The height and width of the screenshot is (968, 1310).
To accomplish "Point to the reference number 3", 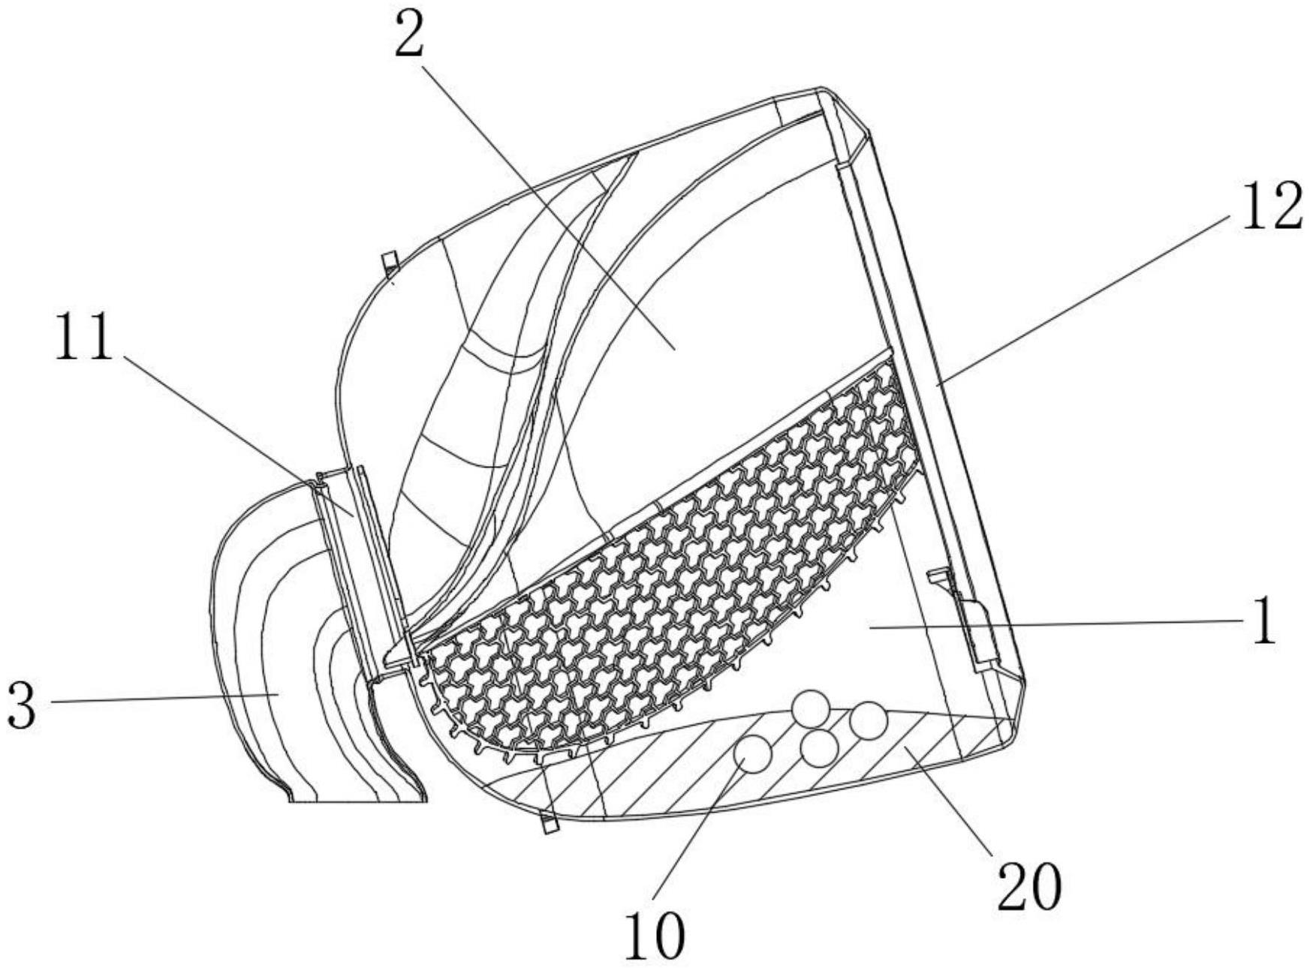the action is (23, 706).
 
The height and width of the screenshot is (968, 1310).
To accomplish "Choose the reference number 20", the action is (1029, 886).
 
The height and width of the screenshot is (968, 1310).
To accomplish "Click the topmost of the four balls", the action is (811, 708).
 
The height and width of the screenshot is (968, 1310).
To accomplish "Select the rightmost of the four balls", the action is (869, 720).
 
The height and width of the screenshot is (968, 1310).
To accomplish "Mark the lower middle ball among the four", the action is (819, 748).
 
